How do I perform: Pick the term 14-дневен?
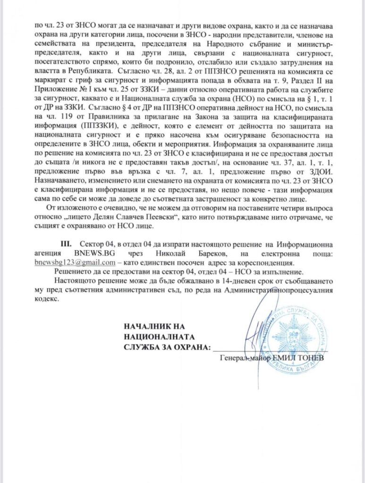click(x=235, y=282)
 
